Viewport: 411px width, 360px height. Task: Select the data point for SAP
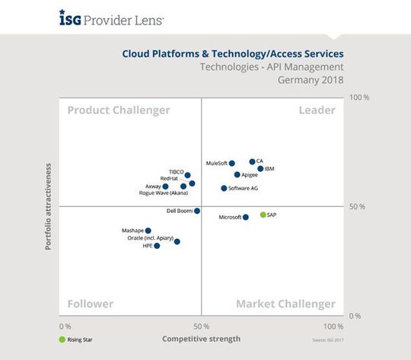(x=263, y=215)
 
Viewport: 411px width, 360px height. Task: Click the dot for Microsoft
(x=245, y=218)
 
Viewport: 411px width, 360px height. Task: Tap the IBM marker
(x=260, y=169)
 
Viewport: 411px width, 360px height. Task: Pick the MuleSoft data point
(x=232, y=163)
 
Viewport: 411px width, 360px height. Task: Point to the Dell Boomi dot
(x=197, y=211)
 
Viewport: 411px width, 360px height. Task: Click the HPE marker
(x=158, y=246)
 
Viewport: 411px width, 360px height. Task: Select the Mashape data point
(x=148, y=231)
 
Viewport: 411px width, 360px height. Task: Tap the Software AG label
(x=244, y=188)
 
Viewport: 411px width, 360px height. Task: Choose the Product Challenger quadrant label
(x=119, y=111)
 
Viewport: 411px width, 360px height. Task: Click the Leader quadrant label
(x=317, y=111)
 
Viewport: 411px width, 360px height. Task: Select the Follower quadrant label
(x=91, y=304)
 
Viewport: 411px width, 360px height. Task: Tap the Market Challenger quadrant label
(x=285, y=304)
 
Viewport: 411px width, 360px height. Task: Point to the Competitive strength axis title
(x=202, y=339)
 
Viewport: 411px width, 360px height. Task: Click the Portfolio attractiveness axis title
(x=48, y=206)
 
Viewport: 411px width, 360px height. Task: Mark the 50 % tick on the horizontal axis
(x=201, y=326)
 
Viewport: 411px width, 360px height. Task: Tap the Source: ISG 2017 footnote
(x=329, y=339)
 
